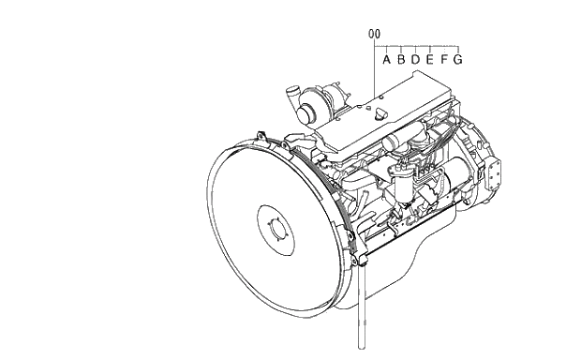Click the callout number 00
pos(374,34)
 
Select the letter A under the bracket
pos(386,59)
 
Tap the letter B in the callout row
pos(401,59)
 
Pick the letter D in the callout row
pos(415,59)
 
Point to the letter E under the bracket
pos(429,59)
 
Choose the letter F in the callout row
pos(444,59)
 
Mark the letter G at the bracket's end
pos(458,59)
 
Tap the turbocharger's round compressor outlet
pos(306,113)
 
